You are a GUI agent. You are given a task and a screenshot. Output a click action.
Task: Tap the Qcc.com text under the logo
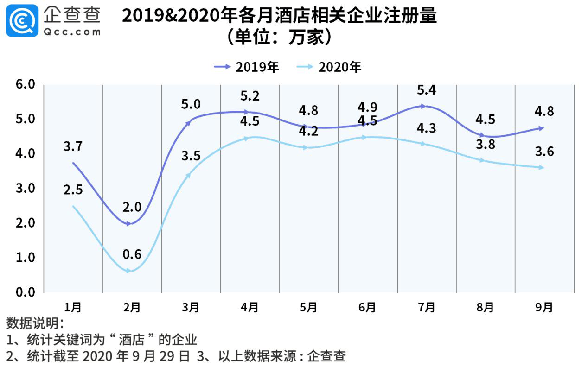[72, 32]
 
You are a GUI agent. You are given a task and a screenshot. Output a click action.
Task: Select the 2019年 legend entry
[246, 67]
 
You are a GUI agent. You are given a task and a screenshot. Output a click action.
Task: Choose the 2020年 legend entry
[328, 67]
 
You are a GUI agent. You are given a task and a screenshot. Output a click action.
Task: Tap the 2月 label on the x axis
[132, 307]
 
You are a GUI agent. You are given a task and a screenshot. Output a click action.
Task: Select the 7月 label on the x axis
[427, 307]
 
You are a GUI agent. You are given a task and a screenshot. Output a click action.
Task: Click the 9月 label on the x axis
[544, 307]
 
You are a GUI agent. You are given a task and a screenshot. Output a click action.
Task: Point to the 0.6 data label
[132, 254]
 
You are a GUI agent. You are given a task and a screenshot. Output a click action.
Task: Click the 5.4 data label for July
[426, 90]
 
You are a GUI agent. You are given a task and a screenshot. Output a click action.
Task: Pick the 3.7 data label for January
[73, 147]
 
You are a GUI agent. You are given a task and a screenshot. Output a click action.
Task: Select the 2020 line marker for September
[541, 168]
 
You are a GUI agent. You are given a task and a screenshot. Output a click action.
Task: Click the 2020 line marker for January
[73, 206]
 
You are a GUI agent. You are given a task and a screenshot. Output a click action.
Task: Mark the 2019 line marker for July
[423, 106]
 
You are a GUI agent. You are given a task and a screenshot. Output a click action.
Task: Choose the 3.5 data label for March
[191, 156]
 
